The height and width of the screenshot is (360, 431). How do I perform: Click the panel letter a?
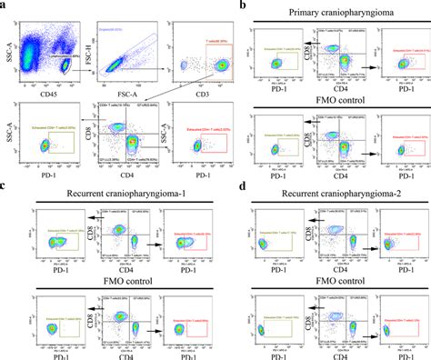click(x=5, y=5)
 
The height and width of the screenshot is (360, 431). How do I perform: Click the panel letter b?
click(x=240, y=5)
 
